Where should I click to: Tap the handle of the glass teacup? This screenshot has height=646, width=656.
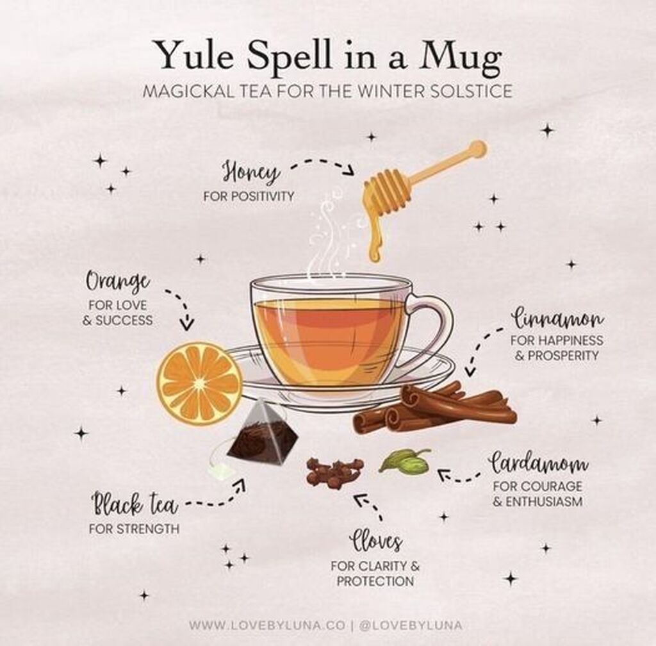pyautogui.click(x=431, y=331)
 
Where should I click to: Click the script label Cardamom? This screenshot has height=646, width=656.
pyautogui.click(x=539, y=463)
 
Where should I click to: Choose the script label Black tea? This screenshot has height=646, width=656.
pyautogui.click(x=135, y=504)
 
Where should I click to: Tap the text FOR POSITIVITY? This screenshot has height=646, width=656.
pyautogui.click(x=249, y=196)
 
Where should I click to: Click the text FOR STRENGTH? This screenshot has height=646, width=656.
pyautogui.click(x=134, y=529)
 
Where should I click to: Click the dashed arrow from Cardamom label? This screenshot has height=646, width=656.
pyautogui.click(x=458, y=476)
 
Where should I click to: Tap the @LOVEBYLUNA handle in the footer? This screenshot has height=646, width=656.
pyautogui.click(x=411, y=625)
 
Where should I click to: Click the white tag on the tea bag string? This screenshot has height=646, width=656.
pyautogui.click(x=220, y=471)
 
